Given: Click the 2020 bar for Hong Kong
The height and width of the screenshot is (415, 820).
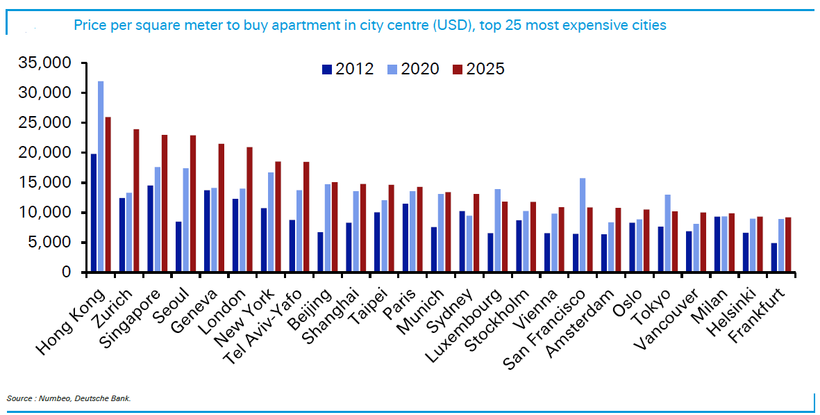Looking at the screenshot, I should click(x=101, y=177).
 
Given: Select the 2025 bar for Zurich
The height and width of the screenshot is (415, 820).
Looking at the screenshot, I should click(x=136, y=201).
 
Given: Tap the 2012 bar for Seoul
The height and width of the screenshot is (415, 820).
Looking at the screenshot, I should click(x=178, y=247).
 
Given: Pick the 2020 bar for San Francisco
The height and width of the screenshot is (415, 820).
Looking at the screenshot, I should click(x=582, y=225).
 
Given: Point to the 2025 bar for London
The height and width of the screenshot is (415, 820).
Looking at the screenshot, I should click(x=249, y=209).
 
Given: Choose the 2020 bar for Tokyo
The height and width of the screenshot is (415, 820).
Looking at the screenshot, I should click(x=667, y=234).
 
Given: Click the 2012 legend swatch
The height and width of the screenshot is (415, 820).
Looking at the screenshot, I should click(x=326, y=69).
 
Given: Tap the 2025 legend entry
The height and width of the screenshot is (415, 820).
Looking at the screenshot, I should click(x=478, y=69).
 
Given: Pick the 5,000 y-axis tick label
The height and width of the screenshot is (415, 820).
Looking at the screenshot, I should click(x=50, y=243).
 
